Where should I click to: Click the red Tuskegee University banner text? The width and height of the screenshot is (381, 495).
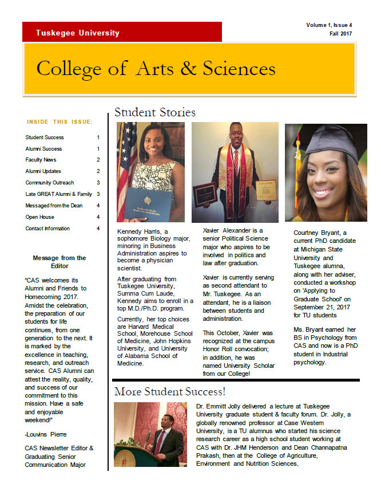77,33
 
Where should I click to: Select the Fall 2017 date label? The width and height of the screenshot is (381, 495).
340,34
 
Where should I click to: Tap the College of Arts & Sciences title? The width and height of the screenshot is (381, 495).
156,68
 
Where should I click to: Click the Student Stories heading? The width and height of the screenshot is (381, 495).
154,112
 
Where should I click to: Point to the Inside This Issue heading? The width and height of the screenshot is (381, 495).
59,122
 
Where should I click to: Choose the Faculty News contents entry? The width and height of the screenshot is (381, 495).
41,160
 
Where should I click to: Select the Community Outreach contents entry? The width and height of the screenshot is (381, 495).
50,183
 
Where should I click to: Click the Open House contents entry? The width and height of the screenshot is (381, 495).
39,217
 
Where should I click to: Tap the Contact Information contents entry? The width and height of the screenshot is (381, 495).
47,229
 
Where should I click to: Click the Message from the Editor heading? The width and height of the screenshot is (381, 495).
59,262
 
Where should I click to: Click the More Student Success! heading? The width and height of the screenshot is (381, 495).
170,392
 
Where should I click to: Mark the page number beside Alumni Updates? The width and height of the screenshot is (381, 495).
98,171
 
